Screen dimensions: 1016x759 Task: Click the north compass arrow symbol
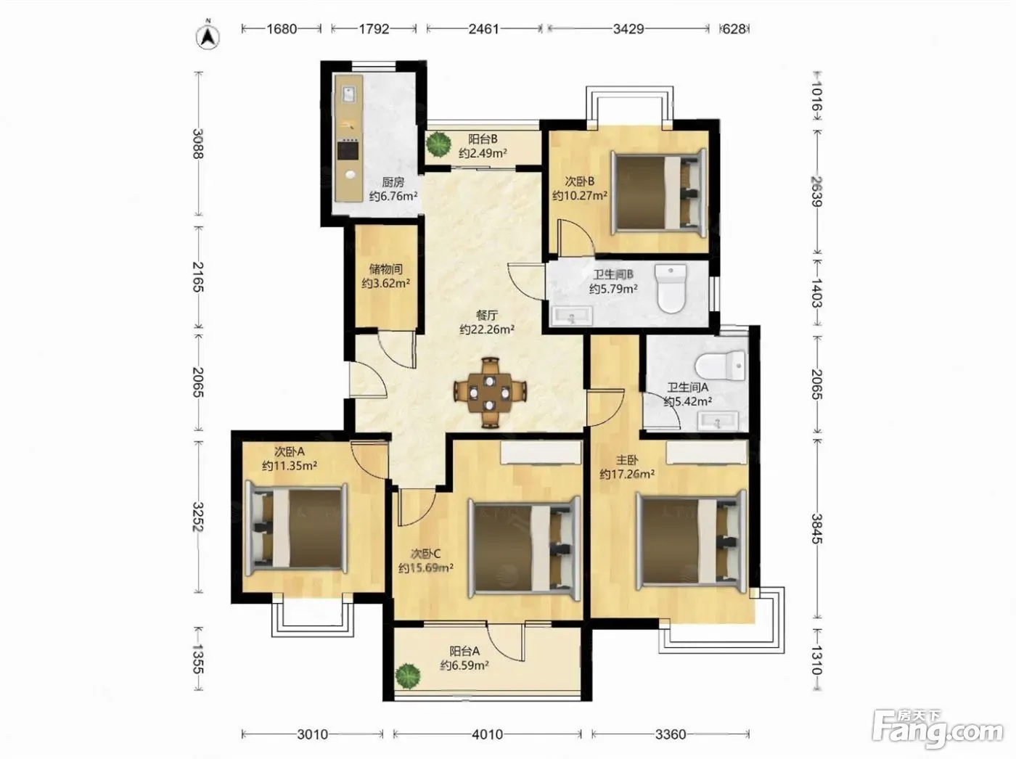pos(208,37)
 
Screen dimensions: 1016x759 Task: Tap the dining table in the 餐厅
pos(490,393)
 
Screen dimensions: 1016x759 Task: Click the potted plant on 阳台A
pos(408,676)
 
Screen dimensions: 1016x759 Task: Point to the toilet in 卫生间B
pos(671,288)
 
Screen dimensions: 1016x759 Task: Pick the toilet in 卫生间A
pos(721,366)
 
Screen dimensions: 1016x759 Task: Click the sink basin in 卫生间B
pos(571,317)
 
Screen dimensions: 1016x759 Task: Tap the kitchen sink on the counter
pos(348,95)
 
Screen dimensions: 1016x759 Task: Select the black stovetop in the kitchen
pos(348,150)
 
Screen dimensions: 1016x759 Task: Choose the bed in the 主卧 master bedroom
pos(691,541)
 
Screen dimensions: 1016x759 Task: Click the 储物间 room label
pos(385,269)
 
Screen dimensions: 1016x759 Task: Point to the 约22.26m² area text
pos(488,329)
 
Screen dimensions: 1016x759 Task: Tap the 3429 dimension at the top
pos(628,29)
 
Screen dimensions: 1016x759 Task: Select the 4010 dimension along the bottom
pos(488,734)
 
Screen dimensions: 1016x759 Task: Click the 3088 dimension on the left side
pos(198,144)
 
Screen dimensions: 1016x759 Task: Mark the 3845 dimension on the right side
pos(816,529)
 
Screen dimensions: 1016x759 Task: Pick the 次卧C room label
pos(425,554)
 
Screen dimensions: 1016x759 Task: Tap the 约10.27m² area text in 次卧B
pos(580,196)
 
